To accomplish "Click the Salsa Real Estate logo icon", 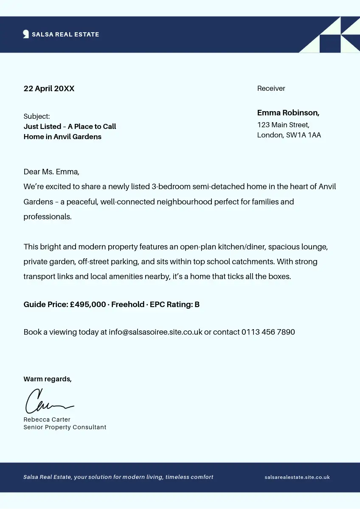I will pos(26,34).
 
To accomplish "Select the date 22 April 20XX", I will pos(49,89).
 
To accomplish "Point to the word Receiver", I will pos(271,88).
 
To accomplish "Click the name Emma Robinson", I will pos(288,113).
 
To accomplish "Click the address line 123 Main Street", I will pos(283,125).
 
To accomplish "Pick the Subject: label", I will pos(37,116).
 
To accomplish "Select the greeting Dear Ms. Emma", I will pos(51,172).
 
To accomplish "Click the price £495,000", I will pos(88,305).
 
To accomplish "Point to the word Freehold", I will pos(128,305).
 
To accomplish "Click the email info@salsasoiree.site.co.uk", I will pos(155,332).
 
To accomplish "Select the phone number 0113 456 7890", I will pos(268,332).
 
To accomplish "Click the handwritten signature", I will pos(48,402).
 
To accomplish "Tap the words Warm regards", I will pos(48,379).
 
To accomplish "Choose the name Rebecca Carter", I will pos(47,420).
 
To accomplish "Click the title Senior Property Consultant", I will pos(65,427).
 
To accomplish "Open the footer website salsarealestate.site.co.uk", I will pos(297,477).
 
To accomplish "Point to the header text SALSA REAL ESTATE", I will pos(65,34).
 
